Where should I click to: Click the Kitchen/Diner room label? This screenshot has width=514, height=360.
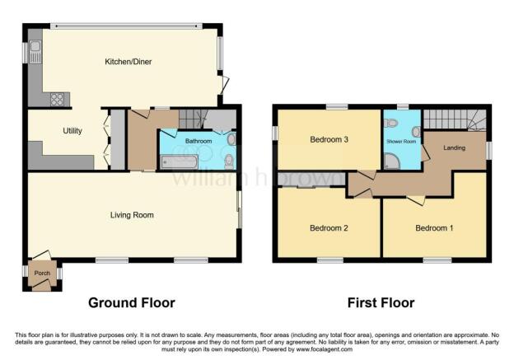tap(128, 62)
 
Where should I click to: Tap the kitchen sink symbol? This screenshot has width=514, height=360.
tap(35, 52)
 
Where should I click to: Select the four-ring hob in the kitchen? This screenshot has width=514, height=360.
tap(57, 100)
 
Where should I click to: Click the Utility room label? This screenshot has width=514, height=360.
tap(72, 131)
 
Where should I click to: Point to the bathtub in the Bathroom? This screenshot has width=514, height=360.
tap(180, 162)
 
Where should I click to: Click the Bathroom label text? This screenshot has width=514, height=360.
tap(199, 141)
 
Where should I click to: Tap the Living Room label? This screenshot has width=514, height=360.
tap(132, 215)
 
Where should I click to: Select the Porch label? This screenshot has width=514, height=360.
tap(42, 273)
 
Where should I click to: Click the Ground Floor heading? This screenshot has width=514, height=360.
tap(132, 302)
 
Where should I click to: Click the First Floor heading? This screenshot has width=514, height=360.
tap(381, 302)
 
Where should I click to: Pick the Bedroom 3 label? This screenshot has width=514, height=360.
tap(329, 140)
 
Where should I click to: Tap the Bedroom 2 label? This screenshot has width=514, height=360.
tap(329, 228)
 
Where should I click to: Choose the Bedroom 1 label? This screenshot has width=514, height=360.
tap(434, 228)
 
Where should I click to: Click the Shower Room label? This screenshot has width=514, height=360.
tap(401, 142)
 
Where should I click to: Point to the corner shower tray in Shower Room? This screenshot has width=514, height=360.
tap(392, 161)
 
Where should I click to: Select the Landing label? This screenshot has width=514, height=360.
tap(454, 147)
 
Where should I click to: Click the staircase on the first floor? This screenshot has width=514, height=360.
tap(455, 119)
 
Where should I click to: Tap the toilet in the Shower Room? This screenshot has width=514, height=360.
tap(390, 124)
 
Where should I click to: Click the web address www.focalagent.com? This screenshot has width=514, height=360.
tap(325, 349)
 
